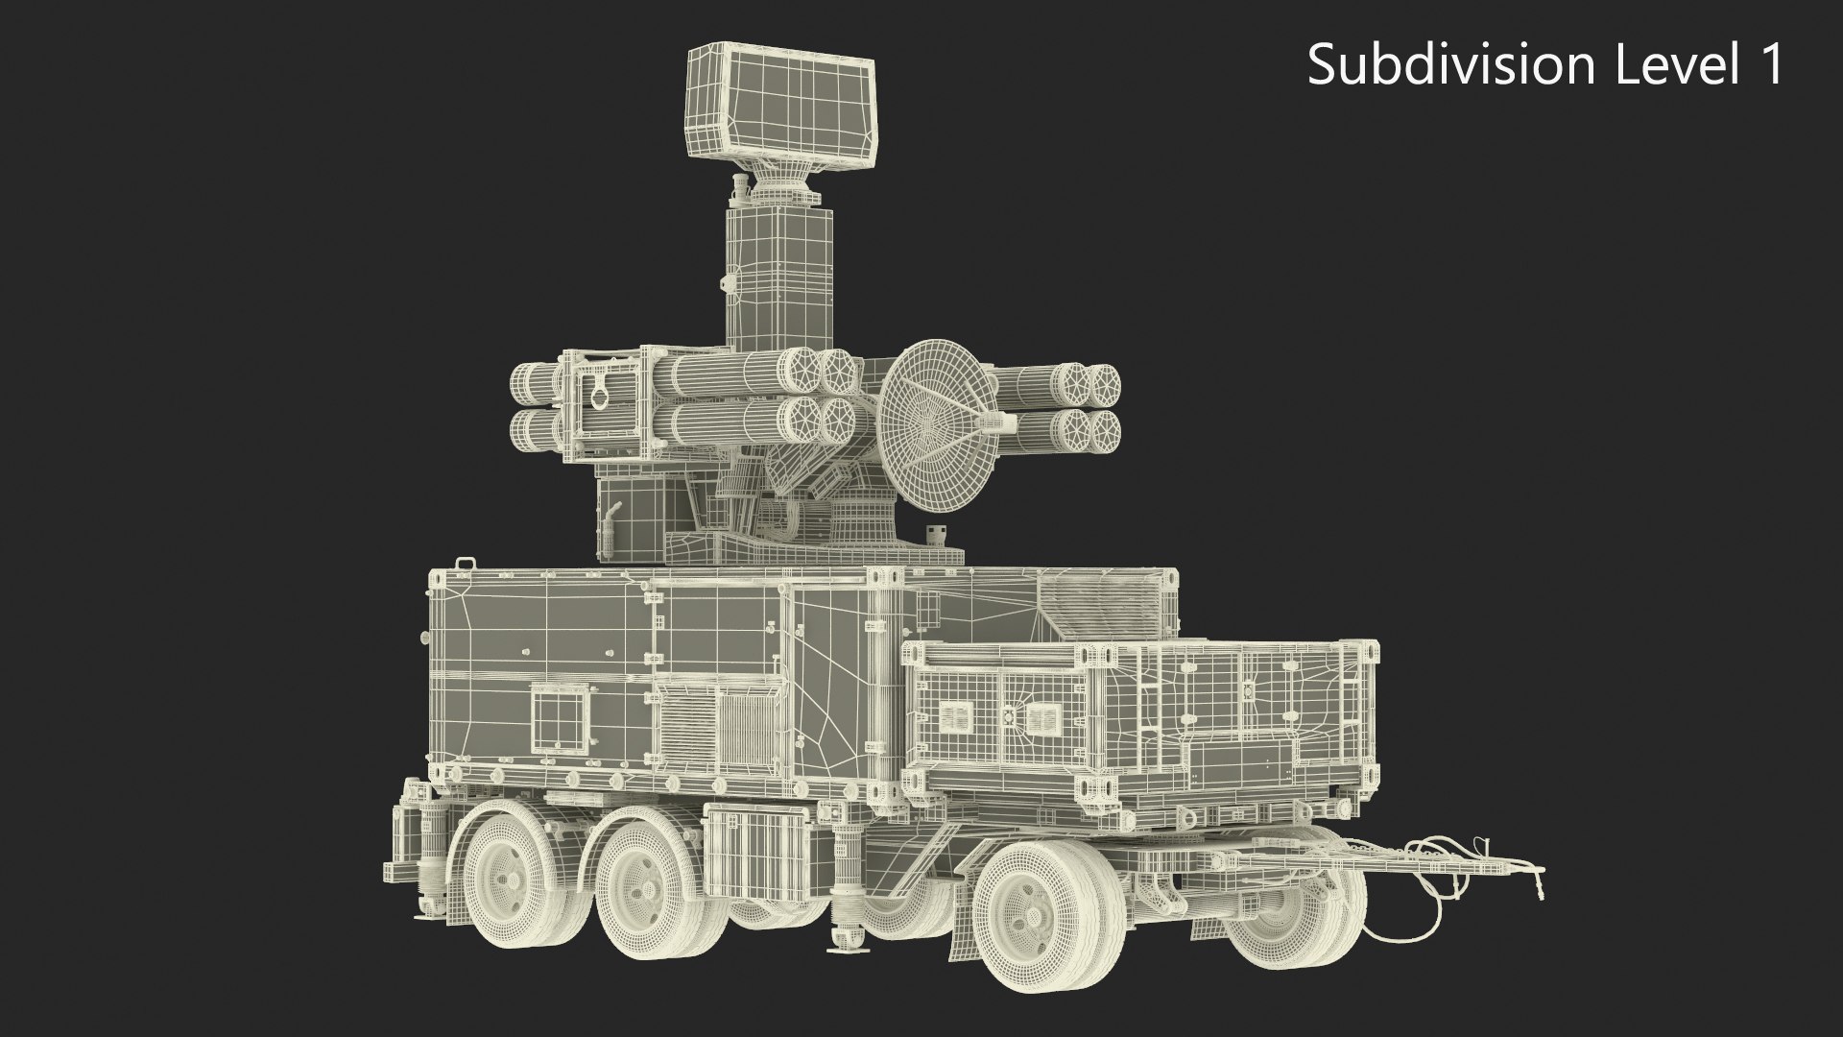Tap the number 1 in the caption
(1768, 65)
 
